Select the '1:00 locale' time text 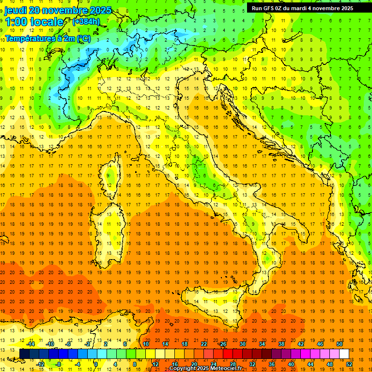(x=34, y=22)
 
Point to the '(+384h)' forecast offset (x=86, y=22)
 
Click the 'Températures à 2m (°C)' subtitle (x=48, y=38)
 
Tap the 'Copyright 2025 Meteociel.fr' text (x=205, y=369)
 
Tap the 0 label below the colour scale (x=96, y=364)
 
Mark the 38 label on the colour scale (x=281, y=344)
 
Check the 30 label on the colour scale (x=243, y=344)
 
